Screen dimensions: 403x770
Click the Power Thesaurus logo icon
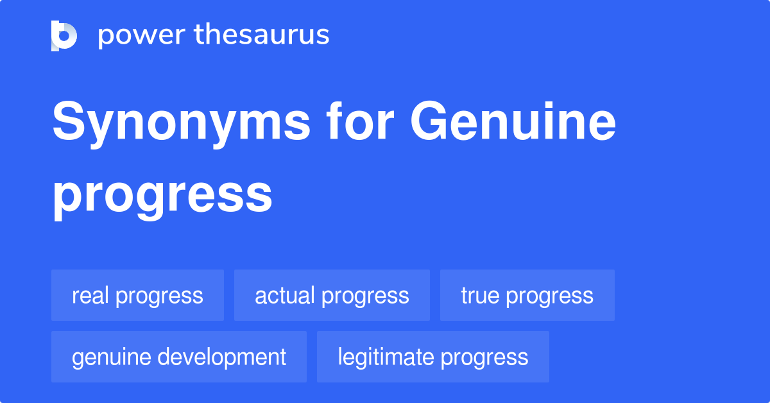coord(64,35)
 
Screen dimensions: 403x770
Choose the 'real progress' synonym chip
coord(137,295)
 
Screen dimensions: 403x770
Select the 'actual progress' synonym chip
coord(332,295)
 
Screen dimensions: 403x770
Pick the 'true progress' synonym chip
coord(527,295)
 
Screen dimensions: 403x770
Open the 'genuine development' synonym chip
coord(179,357)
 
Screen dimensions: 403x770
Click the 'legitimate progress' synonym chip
coord(433,357)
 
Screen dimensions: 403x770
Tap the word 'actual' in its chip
coord(285,295)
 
